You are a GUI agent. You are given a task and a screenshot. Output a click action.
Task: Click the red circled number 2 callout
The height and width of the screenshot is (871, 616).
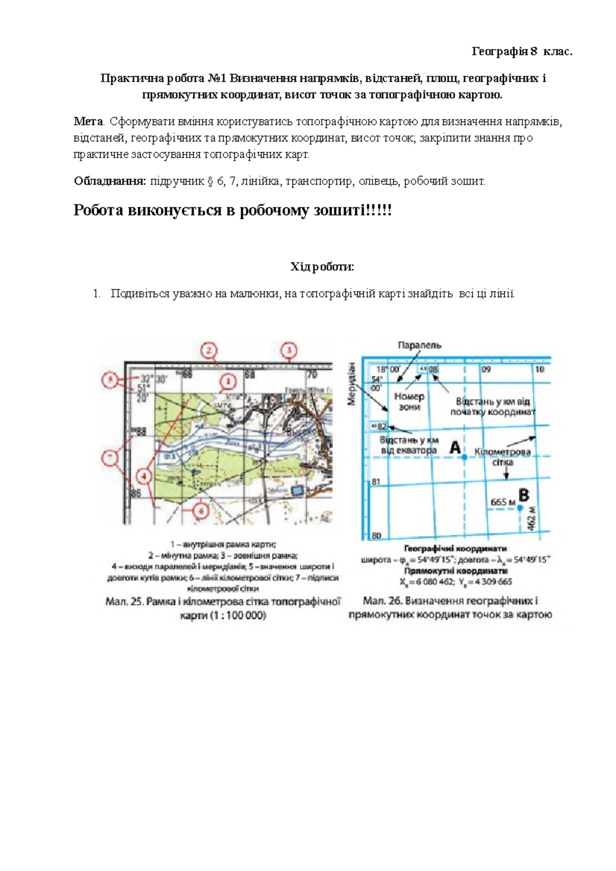[x=209, y=351]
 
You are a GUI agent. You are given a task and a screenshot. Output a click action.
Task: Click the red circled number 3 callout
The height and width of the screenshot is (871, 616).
[x=289, y=351]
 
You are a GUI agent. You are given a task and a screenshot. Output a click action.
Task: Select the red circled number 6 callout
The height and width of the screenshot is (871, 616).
[x=201, y=511]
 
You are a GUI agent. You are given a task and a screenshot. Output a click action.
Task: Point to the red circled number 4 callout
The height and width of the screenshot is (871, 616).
[x=146, y=477]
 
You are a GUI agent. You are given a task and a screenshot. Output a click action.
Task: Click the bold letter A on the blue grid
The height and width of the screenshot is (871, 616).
[x=455, y=447]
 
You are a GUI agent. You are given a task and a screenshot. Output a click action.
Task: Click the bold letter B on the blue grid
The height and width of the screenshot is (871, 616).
[x=524, y=496]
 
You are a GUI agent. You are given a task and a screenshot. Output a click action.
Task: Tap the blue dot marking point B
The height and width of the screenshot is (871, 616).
[x=519, y=508]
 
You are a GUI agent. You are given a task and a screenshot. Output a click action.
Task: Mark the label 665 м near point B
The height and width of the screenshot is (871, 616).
[x=503, y=502]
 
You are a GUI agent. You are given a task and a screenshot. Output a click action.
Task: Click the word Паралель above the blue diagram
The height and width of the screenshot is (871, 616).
[x=419, y=345]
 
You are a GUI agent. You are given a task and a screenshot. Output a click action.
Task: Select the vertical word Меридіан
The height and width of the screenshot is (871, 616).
[x=352, y=383]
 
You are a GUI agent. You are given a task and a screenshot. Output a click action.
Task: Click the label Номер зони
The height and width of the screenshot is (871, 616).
[x=409, y=402]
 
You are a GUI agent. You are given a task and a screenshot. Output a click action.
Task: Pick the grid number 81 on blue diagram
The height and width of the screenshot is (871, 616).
[x=376, y=482]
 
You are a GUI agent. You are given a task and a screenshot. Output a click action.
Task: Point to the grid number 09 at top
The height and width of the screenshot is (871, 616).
[x=486, y=369]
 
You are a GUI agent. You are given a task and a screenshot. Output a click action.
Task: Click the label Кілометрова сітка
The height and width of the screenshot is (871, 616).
[x=502, y=457]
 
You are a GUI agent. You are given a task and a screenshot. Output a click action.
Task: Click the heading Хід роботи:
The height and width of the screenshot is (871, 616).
[x=322, y=267]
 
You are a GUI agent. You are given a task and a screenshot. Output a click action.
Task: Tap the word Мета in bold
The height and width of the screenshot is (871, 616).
[x=88, y=122]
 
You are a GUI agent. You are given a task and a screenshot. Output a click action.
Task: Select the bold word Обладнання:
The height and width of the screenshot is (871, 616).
[x=110, y=181]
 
